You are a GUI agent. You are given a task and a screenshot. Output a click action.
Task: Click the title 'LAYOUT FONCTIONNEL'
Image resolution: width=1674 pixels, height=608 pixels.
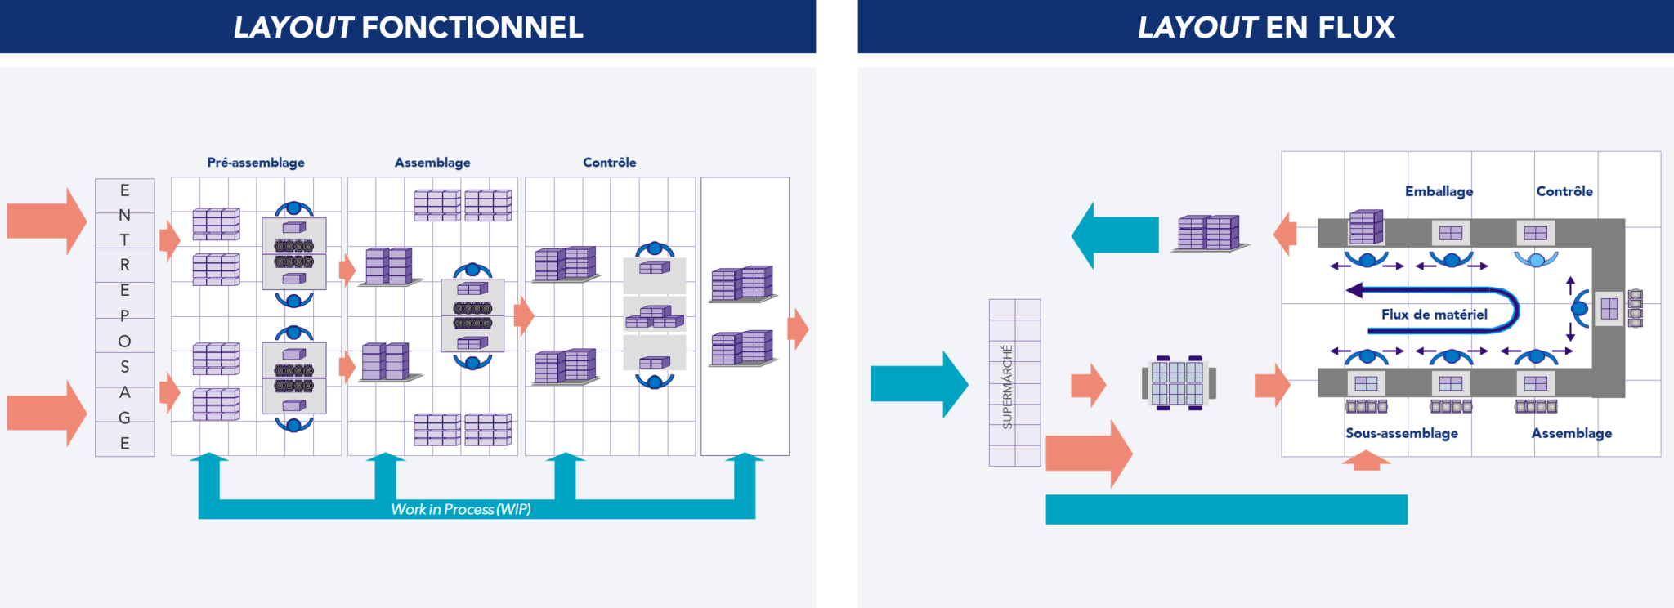click(x=408, y=28)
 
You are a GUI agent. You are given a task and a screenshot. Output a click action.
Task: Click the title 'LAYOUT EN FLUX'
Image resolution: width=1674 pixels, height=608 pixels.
click(x=1265, y=28)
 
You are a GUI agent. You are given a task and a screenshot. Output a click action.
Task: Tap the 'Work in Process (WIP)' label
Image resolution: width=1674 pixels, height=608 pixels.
click(x=460, y=509)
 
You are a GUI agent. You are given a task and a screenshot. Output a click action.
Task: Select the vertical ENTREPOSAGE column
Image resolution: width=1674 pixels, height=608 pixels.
click(x=124, y=317)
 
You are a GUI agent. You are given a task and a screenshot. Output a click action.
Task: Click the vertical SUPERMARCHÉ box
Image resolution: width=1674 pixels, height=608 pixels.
click(x=1014, y=382)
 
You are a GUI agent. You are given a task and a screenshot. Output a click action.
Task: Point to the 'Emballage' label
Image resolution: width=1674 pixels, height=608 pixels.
click(x=1439, y=191)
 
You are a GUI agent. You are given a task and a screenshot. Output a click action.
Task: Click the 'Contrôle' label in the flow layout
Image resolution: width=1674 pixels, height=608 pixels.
click(x=1564, y=191)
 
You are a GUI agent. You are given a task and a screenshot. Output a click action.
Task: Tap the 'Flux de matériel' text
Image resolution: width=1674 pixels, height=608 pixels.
click(x=1434, y=315)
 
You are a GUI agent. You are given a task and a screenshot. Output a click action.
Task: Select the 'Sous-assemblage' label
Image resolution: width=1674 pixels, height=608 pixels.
click(x=1401, y=433)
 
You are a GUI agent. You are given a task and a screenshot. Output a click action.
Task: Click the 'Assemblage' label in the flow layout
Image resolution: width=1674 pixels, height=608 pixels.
click(x=1571, y=433)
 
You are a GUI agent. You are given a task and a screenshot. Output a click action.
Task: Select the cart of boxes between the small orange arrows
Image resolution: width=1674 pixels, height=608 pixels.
click(x=1178, y=382)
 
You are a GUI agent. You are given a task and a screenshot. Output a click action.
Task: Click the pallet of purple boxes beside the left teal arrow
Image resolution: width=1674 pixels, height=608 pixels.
click(x=1209, y=233)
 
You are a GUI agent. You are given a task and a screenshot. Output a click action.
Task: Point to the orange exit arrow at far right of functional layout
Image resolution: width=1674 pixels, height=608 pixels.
click(x=799, y=329)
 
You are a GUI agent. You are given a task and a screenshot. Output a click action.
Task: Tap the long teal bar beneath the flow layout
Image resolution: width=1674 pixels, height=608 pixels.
click(x=1226, y=509)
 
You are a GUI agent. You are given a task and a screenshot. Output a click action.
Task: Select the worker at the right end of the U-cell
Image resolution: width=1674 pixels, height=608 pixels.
click(x=1581, y=308)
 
